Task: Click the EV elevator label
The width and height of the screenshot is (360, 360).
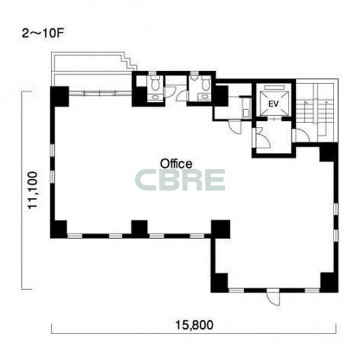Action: click(x=273, y=104)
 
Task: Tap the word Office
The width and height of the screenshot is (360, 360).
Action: click(x=176, y=164)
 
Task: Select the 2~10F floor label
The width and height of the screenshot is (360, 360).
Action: click(x=42, y=34)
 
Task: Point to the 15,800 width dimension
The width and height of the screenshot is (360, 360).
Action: click(x=195, y=325)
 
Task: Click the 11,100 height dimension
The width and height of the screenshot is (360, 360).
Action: click(x=32, y=190)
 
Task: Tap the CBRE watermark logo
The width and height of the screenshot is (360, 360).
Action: click(x=180, y=180)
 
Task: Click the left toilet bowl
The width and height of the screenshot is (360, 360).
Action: click(x=156, y=83)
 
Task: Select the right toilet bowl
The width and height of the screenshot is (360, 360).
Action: click(x=206, y=83)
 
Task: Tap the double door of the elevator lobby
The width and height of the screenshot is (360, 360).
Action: click(x=263, y=137)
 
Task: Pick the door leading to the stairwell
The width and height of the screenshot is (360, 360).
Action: click(x=302, y=136)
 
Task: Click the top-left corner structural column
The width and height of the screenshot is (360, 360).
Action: click(x=60, y=97)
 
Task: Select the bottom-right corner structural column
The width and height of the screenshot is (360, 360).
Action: click(x=330, y=283)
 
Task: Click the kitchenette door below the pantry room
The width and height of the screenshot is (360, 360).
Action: click(x=235, y=126)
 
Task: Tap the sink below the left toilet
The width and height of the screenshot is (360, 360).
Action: click(x=156, y=97)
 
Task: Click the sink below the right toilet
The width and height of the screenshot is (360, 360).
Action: click(x=204, y=97)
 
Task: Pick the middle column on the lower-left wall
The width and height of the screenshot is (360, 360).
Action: click(x=140, y=229)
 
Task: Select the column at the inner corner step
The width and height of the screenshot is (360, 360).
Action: click(x=220, y=229)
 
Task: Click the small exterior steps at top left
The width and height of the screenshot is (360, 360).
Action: click(x=129, y=61)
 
